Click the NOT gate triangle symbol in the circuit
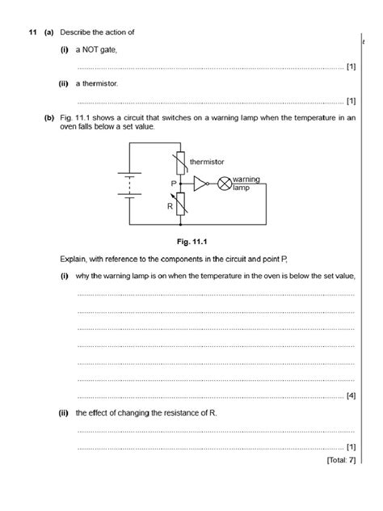click(200, 184)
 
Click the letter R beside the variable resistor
click(170, 206)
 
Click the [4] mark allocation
click(350, 395)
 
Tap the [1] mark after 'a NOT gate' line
click(350, 66)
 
